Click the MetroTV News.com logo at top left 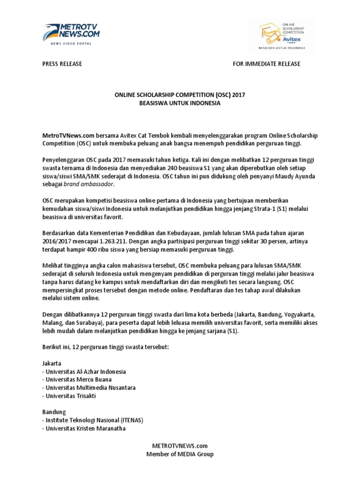click(71, 32)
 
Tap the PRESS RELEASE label click(62, 64)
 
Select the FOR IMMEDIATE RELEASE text click(267, 64)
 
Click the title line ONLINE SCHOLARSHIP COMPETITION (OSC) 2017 click(180, 95)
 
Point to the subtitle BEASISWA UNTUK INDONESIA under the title click(180, 103)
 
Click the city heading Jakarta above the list click(52, 363)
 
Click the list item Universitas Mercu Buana click(78, 379)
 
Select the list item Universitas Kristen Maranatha click(85, 428)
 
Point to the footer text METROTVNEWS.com click(180, 446)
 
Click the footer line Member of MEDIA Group click(180, 454)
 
